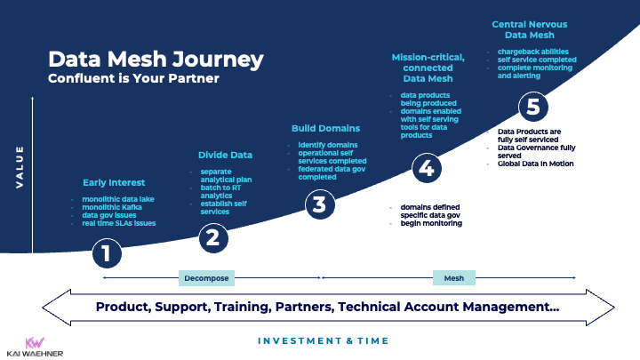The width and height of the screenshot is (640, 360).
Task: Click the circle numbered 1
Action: click(x=106, y=255)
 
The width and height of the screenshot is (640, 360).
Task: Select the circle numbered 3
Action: click(x=319, y=205)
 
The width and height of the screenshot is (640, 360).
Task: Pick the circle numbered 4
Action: click(x=426, y=168)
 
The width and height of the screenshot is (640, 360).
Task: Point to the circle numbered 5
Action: click(x=532, y=108)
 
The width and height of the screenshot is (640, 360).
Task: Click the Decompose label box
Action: click(x=206, y=278)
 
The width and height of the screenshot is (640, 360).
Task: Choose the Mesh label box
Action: click(x=453, y=278)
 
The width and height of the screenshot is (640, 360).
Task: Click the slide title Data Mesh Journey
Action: click(x=156, y=60)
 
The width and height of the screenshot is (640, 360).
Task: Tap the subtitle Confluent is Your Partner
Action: click(x=132, y=79)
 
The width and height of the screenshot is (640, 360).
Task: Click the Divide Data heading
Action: click(x=225, y=155)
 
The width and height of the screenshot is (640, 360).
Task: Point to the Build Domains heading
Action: click(x=325, y=128)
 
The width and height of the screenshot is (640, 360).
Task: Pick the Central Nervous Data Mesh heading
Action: click(x=529, y=29)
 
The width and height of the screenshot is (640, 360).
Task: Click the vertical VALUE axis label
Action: click(x=20, y=167)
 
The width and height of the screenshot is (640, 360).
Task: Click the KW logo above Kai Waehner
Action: click(x=36, y=341)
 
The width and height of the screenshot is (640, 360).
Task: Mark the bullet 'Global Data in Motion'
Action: click(x=535, y=164)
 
